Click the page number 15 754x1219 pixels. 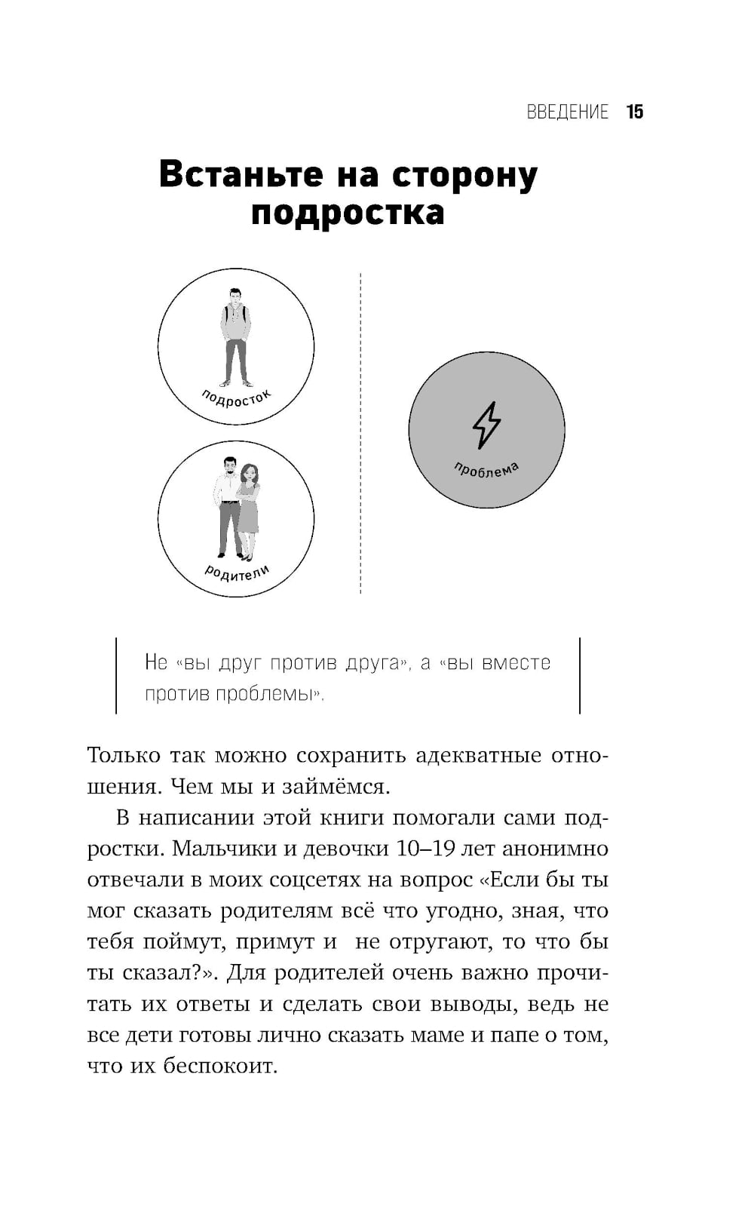click(x=634, y=112)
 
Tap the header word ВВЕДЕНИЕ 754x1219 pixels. click(x=567, y=112)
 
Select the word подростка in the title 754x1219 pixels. click(x=348, y=213)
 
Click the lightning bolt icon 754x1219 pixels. click(x=486, y=425)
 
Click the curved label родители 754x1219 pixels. click(x=237, y=573)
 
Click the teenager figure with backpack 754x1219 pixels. click(x=236, y=336)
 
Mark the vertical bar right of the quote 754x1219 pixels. click(x=580, y=675)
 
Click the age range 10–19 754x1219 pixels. click(x=425, y=849)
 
